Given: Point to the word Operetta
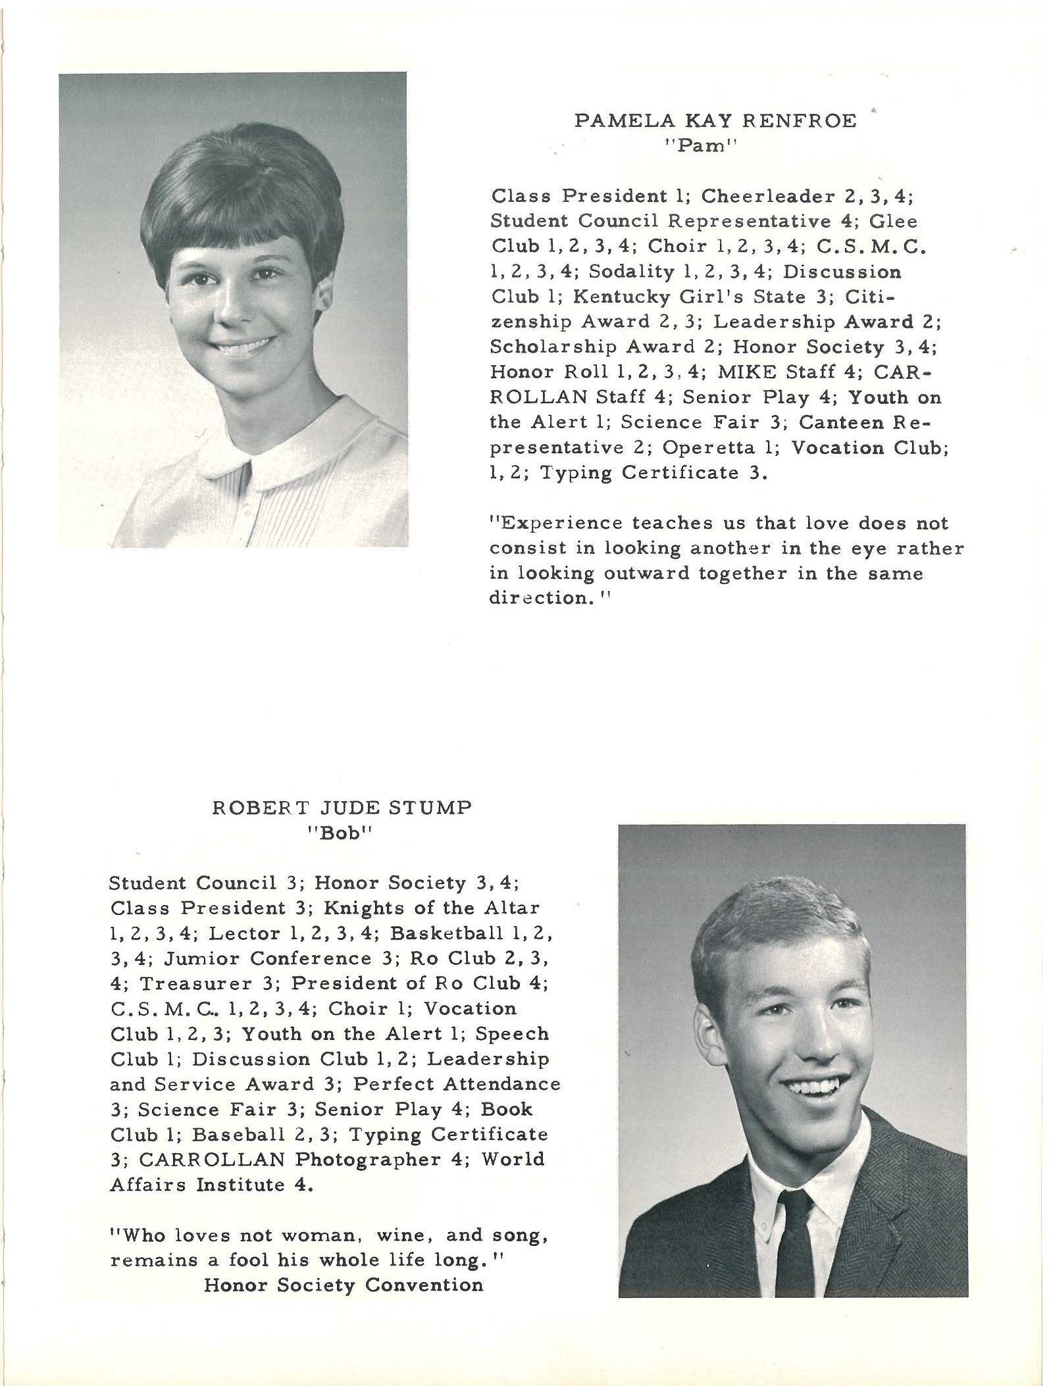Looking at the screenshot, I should [708, 447].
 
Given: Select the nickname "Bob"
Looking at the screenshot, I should [340, 833].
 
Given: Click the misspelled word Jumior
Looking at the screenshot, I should [201, 958].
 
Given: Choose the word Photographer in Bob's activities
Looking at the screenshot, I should [368, 1159].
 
